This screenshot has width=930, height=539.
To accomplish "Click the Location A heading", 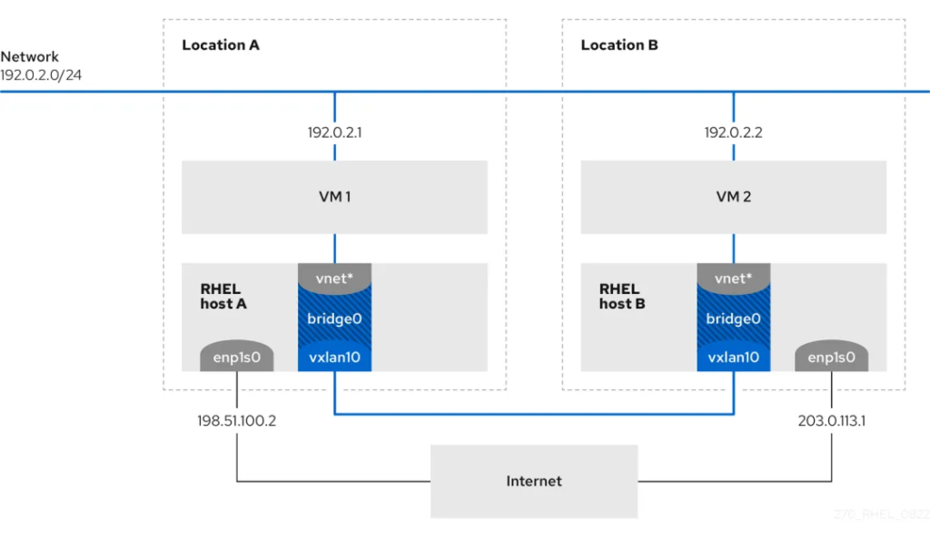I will (x=221, y=44).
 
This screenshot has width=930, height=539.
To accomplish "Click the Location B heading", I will (x=619, y=44).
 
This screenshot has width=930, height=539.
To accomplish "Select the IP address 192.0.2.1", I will (x=335, y=132).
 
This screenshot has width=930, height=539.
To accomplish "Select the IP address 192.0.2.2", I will (x=734, y=132).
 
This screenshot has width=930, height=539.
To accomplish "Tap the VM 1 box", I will (x=335, y=197).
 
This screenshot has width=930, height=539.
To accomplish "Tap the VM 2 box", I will (x=734, y=197).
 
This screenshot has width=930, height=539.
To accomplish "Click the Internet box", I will (x=534, y=481).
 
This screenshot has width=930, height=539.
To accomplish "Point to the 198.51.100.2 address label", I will (x=236, y=421).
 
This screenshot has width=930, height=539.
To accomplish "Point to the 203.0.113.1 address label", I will (x=830, y=421).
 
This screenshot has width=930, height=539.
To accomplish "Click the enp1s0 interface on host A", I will (x=237, y=358).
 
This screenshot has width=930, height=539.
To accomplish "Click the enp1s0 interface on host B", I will (x=831, y=358).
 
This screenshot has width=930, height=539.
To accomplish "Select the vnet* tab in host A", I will (x=335, y=278).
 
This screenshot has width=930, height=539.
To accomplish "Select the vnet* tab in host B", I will (x=734, y=278).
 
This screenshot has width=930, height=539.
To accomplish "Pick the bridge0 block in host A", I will (x=335, y=318).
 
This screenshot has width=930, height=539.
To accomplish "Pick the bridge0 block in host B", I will (x=734, y=318).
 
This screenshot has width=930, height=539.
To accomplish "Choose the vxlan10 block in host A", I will (x=335, y=358).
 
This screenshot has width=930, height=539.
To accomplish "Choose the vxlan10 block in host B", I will (x=734, y=358).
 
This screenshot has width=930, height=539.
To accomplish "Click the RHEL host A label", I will (x=223, y=296).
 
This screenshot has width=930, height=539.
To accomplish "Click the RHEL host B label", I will (x=622, y=296).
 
